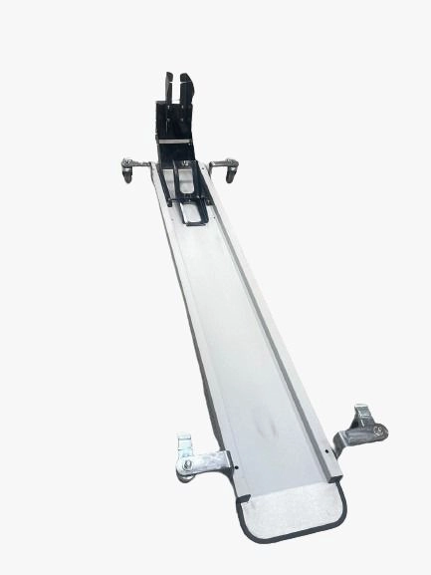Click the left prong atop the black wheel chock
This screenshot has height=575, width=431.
pos(168,87)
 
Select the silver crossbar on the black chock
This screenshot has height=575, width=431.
pos(176,142)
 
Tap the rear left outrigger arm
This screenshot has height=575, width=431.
pos(137,162)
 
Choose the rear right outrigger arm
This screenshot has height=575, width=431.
pos(222,162)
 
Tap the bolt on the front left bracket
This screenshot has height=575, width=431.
pos(187,463)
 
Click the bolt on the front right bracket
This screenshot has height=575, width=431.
pos(376,430)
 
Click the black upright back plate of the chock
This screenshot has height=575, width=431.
pos(175,117)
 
